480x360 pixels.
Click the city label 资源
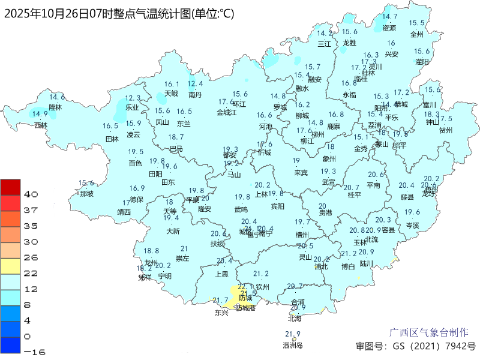coord(389,28)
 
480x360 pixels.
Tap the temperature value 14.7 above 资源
coord(390,17)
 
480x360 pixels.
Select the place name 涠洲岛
coord(292,345)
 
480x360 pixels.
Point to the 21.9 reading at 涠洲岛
coord(292,334)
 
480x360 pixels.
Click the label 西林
coord(40,125)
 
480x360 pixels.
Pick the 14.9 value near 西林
coord(40,114)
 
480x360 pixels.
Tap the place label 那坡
coord(86,194)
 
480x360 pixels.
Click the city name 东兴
coord(221,313)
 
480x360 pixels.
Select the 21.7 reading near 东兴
coord(221,301)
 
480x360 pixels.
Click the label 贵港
coord(325,212)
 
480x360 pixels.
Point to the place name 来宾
coord(301,173)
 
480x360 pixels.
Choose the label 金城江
coord(227,112)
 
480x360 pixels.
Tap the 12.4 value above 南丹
coord(195,84)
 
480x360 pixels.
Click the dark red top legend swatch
coord(11,187)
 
